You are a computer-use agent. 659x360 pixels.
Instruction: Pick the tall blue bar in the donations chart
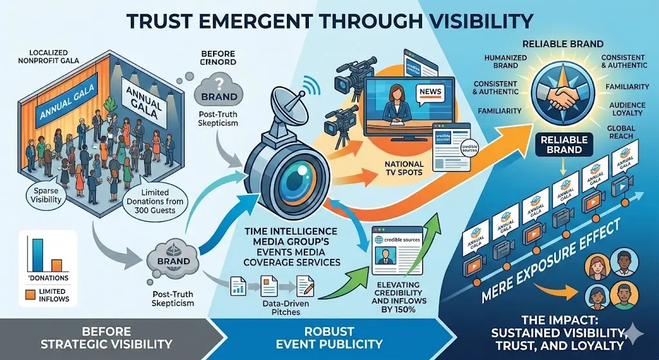click(37, 254)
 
